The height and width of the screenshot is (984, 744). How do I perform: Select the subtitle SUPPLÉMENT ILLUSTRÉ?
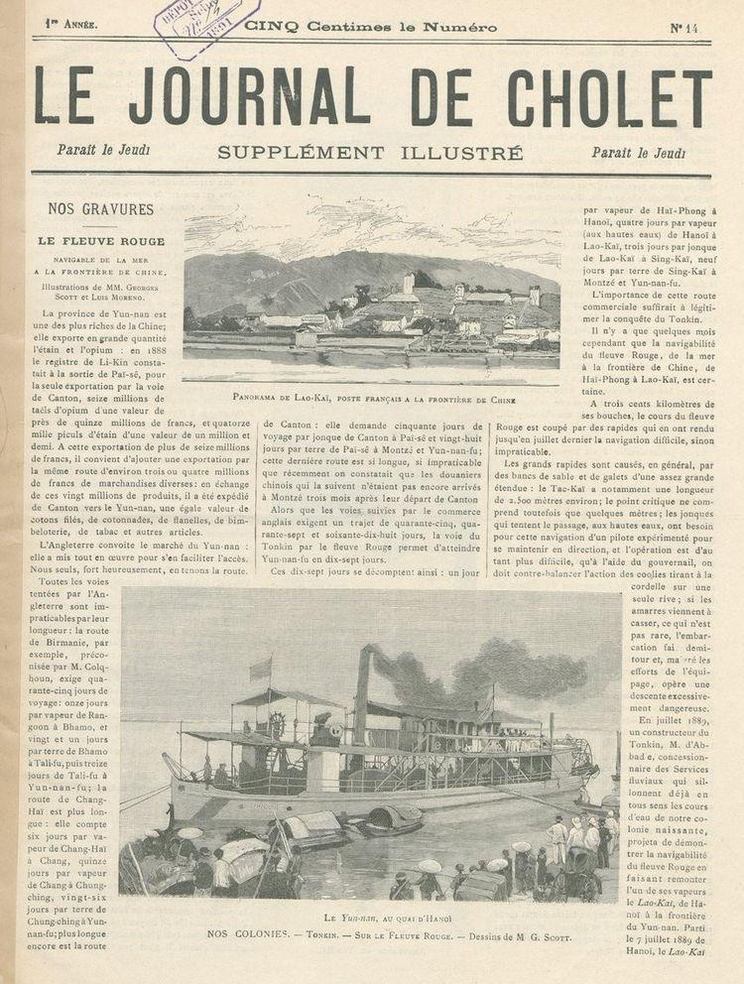coord(370,153)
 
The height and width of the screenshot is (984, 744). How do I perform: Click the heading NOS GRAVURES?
coord(101,209)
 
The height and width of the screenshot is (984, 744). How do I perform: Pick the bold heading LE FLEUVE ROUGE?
coord(101,240)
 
